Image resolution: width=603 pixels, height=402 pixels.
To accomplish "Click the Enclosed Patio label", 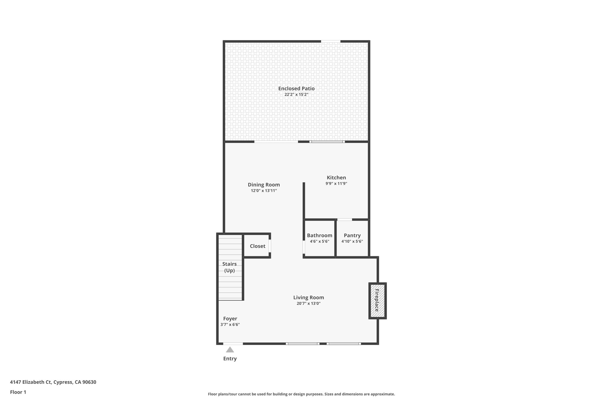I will coord(296,88).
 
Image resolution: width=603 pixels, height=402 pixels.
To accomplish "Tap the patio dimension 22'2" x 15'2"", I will coord(296,95).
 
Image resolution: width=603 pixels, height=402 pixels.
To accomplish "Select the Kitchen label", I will coord(336,178).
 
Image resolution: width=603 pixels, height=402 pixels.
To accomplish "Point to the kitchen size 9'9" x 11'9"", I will coord(336,183).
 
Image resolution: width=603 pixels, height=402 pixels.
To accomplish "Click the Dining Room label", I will coord(264,185).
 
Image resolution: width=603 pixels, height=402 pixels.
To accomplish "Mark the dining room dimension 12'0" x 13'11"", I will coord(264,191).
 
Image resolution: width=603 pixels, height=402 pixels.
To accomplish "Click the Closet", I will coord(257,246).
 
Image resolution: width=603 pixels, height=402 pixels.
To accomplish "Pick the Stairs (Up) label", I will coord(229,267).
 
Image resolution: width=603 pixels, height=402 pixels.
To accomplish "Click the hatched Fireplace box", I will coord(377,300).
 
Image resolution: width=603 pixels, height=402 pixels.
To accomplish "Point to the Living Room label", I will coord(308,297).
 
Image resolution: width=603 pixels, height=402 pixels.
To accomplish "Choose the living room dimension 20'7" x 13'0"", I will coord(308,303).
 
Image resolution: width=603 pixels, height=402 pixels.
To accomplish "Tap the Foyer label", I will coord(230,319).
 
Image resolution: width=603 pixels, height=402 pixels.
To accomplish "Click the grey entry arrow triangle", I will coord(230,350).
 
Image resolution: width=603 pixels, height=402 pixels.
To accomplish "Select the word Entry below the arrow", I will coord(230,358).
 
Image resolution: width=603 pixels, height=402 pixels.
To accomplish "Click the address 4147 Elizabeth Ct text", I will coord(53,382).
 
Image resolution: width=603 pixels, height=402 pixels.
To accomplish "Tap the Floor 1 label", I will coord(18,392).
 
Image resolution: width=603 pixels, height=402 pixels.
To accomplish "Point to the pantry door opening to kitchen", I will coord(344,219).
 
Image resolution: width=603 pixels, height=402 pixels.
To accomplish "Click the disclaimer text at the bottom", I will coord(301,394).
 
